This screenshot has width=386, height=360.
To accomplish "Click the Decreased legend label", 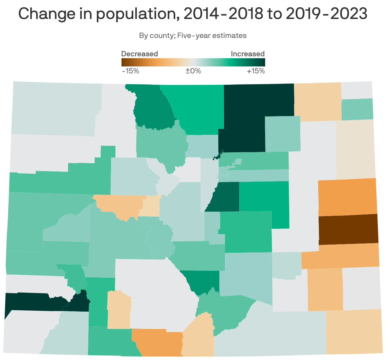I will (140, 54).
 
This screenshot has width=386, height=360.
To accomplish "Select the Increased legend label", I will (247, 54).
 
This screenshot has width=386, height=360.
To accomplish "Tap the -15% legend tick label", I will (130, 71).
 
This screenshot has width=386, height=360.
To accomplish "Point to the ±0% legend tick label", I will (193, 71).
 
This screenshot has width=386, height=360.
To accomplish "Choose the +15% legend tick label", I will (256, 71).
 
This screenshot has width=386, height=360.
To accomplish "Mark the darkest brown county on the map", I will (348, 229).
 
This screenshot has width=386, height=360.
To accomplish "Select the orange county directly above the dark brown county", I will (347, 197).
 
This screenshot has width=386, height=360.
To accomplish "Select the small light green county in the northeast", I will (357, 109).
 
